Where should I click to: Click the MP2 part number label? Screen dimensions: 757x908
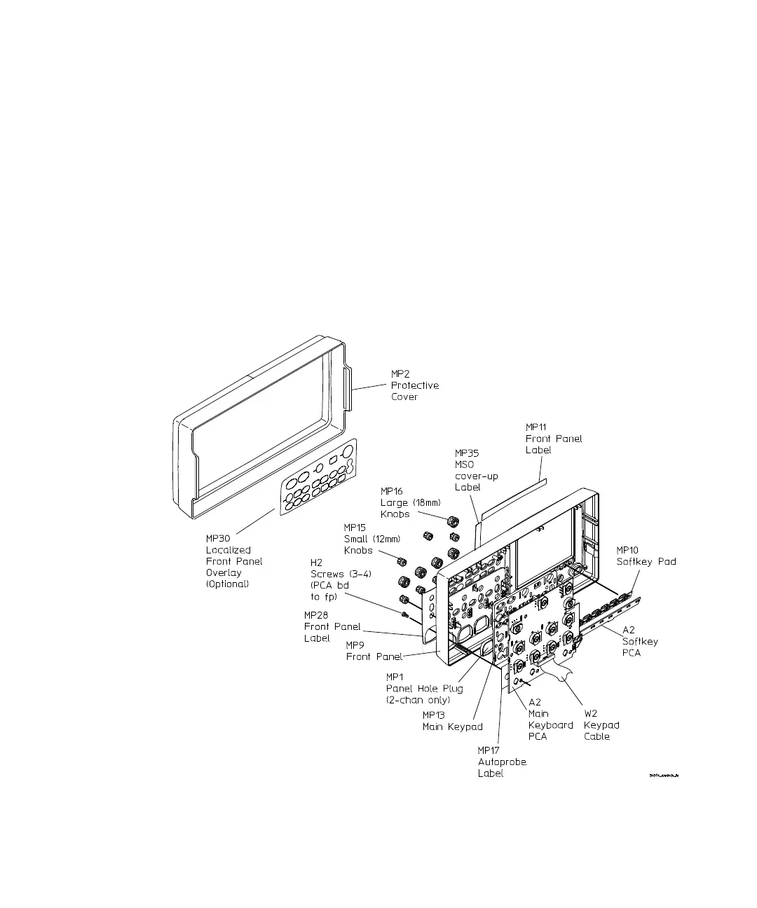pyautogui.click(x=400, y=374)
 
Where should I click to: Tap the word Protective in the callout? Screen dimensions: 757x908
pyautogui.click(x=415, y=385)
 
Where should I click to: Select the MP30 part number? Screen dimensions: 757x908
pyautogui.click(x=217, y=539)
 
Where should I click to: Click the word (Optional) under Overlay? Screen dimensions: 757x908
pyautogui.click(x=227, y=584)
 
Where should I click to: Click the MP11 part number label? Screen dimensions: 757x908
pyautogui.click(x=536, y=427)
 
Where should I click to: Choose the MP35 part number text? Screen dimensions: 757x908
pyautogui.click(x=467, y=453)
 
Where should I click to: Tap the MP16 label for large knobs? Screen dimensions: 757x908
pyautogui.click(x=392, y=491)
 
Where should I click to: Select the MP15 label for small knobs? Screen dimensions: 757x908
pyautogui.click(x=355, y=528)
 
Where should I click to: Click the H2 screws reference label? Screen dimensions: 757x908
pyautogui.click(x=316, y=563)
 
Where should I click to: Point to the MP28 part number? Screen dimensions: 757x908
pyautogui.click(x=315, y=615)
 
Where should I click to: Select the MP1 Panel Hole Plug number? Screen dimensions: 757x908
pyautogui.click(x=395, y=677)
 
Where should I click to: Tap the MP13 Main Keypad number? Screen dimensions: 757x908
pyautogui.click(x=433, y=715)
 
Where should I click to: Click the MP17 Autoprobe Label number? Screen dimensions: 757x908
pyautogui.click(x=489, y=750)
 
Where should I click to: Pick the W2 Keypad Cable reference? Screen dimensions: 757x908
pyautogui.click(x=591, y=714)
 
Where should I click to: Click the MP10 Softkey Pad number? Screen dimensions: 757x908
pyautogui.click(x=627, y=550)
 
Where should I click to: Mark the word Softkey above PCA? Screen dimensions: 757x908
pyautogui.click(x=640, y=641)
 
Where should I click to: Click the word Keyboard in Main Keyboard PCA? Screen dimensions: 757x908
pyautogui.click(x=550, y=725)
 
